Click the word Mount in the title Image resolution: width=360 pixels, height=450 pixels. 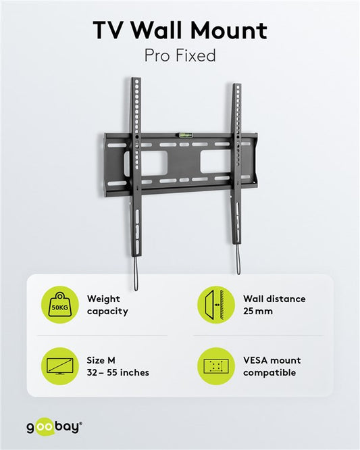pyautogui.click(x=229, y=30)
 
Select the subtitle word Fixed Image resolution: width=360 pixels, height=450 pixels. pyautogui.click(x=196, y=55)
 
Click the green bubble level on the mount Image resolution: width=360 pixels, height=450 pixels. pyautogui.click(x=186, y=134)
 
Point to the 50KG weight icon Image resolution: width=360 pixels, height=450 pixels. pyautogui.click(x=59, y=305)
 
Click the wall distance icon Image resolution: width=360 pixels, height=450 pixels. pyautogui.click(x=216, y=305)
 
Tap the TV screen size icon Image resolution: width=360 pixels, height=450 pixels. pyautogui.click(x=59, y=366)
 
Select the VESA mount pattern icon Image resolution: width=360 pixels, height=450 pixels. pyautogui.click(x=216, y=366)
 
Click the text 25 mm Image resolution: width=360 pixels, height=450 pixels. pyautogui.click(x=258, y=311)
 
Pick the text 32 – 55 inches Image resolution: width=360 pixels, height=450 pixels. pyautogui.click(x=118, y=372)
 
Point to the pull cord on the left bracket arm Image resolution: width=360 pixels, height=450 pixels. pyautogui.click(x=136, y=274)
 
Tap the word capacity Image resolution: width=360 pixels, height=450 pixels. pyautogui.click(x=107, y=311)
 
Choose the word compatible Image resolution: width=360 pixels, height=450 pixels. pyautogui.click(x=269, y=373)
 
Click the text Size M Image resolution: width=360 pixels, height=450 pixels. pyautogui.click(x=101, y=360)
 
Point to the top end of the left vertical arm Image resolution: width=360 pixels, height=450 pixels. pyautogui.click(x=136, y=78)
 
